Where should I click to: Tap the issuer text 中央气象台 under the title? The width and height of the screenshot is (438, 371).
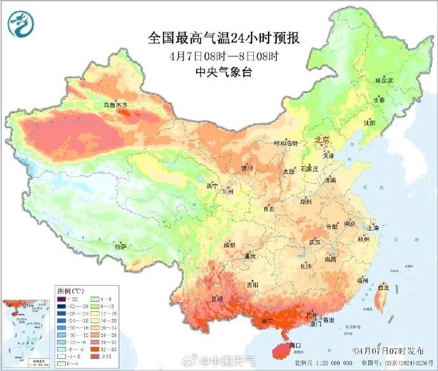pyautogui.click(x=223, y=72)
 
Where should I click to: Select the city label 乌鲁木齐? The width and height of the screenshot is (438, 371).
pyautogui.click(x=116, y=104)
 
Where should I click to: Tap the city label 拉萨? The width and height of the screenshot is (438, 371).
pyautogui.click(x=121, y=246)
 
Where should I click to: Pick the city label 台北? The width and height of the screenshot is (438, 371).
pyautogui.click(x=383, y=287)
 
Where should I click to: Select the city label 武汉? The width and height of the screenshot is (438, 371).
pyautogui.click(x=315, y=242)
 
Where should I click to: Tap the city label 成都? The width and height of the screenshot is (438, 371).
pyautogui.click(x=229, y=245)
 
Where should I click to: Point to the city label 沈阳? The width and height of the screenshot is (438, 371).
pyautogui.click(x=369, y=122)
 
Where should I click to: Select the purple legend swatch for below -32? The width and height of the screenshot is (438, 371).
pyautogui.click(x=61, y=299)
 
